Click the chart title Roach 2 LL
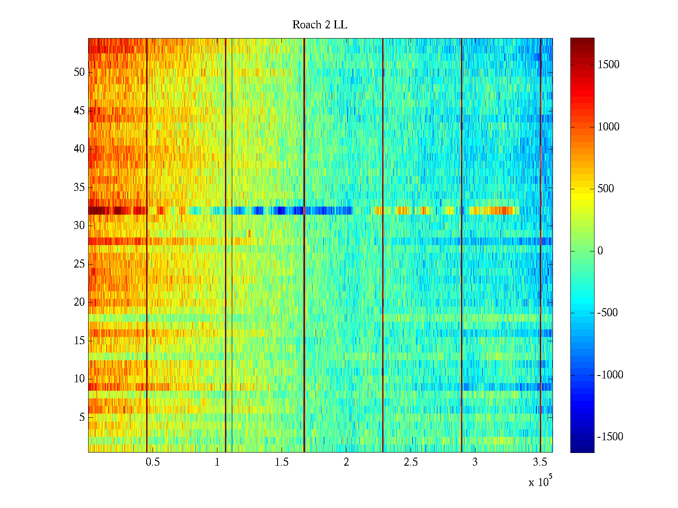tap(320, 25)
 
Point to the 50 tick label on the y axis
tap(79, 72)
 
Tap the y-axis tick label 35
tap(79, 187)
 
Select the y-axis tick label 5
tap(82, 417)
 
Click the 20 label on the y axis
tap(79, 302)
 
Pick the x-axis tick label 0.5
tap(153, 462)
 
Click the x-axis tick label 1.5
tap(282, 462)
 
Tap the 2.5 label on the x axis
tap(411, 462)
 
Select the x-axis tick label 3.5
tap(540, 462)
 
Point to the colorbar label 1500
tap(609, 64)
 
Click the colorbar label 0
tap(600, 251)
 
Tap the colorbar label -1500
tap(610, 436)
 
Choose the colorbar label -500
tap(607, 312)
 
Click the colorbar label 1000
tap(609, 127)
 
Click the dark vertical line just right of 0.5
tap(147, 245)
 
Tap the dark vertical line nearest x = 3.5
tap(541, 245)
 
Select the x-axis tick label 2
tap(346, 462)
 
